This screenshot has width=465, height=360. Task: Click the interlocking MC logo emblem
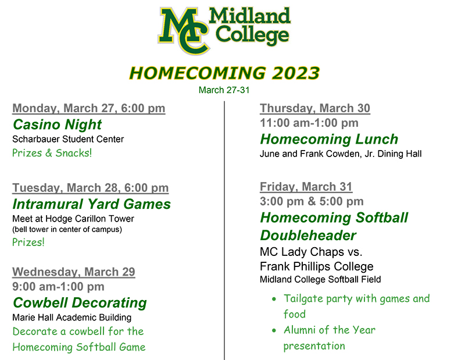184,31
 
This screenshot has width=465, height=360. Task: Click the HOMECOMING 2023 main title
224,73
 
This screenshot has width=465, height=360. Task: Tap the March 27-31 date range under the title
224,90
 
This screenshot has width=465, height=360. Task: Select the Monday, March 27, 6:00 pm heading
89,108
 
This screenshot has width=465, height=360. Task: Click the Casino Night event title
57,124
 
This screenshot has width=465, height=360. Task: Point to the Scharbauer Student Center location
68,139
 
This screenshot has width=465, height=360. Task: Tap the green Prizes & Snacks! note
52,153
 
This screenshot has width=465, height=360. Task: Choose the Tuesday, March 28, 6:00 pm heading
91,188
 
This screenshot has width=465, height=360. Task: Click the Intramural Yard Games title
92,204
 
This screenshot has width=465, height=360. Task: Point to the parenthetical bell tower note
67,229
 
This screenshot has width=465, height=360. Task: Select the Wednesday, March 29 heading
74,272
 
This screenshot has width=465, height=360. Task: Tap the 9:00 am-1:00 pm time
59,287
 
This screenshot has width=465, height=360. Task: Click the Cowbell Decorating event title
80,303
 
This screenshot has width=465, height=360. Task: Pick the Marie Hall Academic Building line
71,318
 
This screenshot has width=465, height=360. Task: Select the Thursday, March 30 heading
315,108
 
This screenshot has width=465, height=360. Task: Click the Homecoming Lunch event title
329,139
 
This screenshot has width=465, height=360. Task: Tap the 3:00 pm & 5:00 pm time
312,201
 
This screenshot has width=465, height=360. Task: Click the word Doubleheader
308,236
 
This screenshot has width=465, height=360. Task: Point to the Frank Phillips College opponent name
316,266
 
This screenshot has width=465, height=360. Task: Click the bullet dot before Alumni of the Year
274,330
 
